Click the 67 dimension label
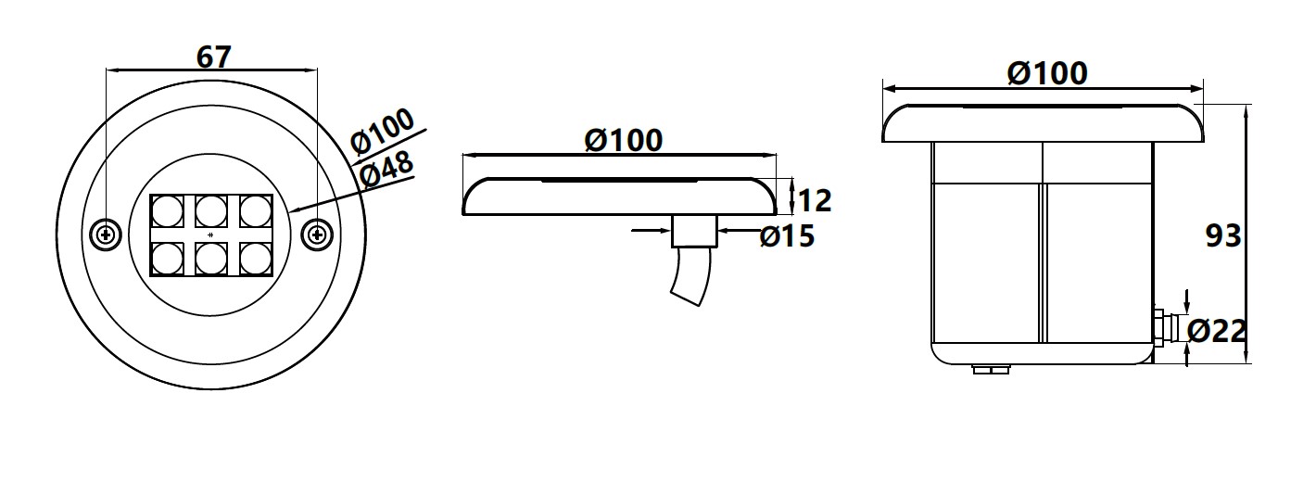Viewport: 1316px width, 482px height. pyautogui.click(x=214, y=57)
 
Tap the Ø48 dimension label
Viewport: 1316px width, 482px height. pyautogui.click(x=386, y=170)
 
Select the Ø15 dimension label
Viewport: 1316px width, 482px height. pyautogui.click(x=787, y=236)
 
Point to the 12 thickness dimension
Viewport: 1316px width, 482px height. pyautogui.click(x=816, y=201)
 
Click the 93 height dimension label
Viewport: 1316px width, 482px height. pyautogui.click(x=1223, y=235)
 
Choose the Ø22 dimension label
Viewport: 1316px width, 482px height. pyautogui.click(x=1217, y=332)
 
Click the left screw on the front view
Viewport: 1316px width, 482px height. pyautogui.click(x=106, y=235)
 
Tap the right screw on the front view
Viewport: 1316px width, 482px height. pyautogui.click(x=317, y=235)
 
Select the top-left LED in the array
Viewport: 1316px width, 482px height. pyautogui.click(x=166, y=211)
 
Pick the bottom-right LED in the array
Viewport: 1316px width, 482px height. pyautogui.click(x=256, y=259)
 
